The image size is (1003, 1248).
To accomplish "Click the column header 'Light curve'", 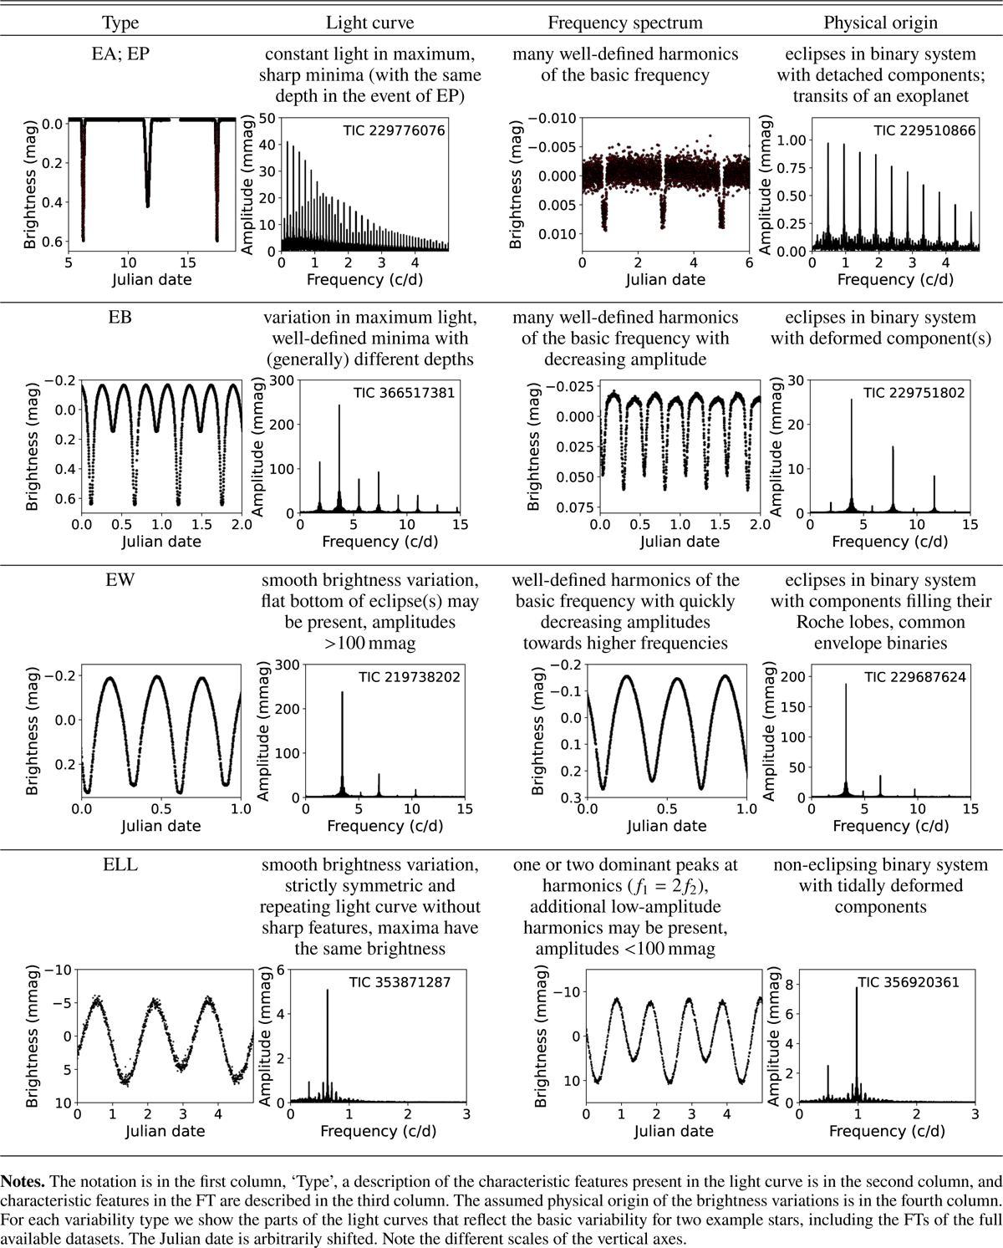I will click(369, 23).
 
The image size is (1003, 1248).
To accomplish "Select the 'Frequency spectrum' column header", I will click(625, 23).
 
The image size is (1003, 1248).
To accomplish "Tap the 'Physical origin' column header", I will click(881, 23).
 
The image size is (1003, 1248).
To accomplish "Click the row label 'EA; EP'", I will click(120, 54).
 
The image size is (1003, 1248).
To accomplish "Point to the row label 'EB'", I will click(120, 318).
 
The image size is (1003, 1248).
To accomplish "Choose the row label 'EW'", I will click(120, 580).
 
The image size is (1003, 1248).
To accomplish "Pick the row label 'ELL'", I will click(120, 865).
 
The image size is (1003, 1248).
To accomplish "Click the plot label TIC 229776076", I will click(394, 130).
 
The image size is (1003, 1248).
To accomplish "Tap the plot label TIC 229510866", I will click(924, 130).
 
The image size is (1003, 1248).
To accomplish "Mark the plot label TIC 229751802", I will click(914, 392).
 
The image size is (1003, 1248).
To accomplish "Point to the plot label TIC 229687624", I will click(914, 676).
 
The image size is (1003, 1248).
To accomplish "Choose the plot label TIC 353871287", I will click(400, 982).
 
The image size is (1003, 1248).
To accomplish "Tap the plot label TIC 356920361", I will click(909, 982).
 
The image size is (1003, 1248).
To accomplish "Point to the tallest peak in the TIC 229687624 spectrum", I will click(845, 685).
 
